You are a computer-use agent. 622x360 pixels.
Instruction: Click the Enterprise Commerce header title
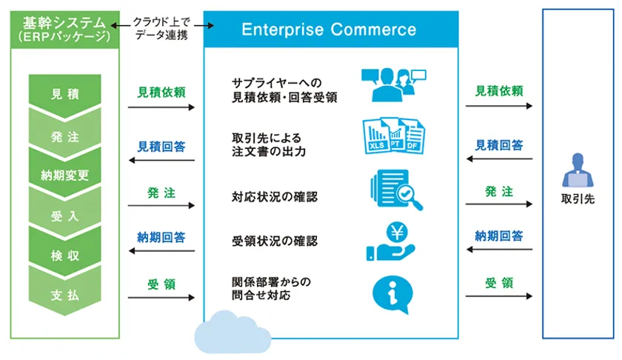[329, 30]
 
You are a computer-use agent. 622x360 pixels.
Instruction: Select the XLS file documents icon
[394, 138]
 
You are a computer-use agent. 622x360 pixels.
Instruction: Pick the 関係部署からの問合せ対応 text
[271, 288]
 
